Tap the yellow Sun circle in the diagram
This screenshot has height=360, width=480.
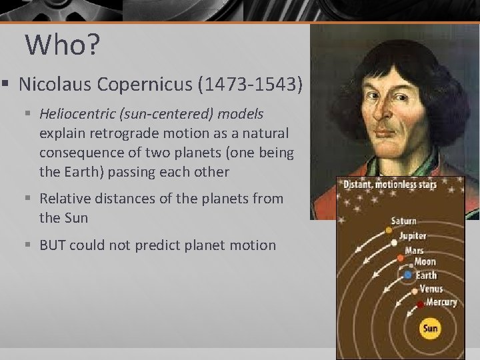pyautogui.click(x=430, y=328)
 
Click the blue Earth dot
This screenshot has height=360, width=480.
pyautogui.click(x=408, y=275)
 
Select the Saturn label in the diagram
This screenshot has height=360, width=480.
pyautogui.click(x=404, y=221)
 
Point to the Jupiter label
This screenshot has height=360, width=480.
pyautogui.click(x=413, y=235)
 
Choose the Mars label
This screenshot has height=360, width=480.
pyautogui.click(x=415, y=251)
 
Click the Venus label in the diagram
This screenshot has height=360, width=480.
pyautogui.click(x=431, y=289)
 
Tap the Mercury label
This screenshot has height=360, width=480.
pyautogui.click(x=441, y=302)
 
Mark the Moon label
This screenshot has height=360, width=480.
pyautogui.click(x=425, y=262)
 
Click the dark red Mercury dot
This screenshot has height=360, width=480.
pyautogui.click(x=420, y=305)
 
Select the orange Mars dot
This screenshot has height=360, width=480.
pyautogui.click(x=400, y=257)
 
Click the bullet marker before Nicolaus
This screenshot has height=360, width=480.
pyautogui.click(x=5, y=85)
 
